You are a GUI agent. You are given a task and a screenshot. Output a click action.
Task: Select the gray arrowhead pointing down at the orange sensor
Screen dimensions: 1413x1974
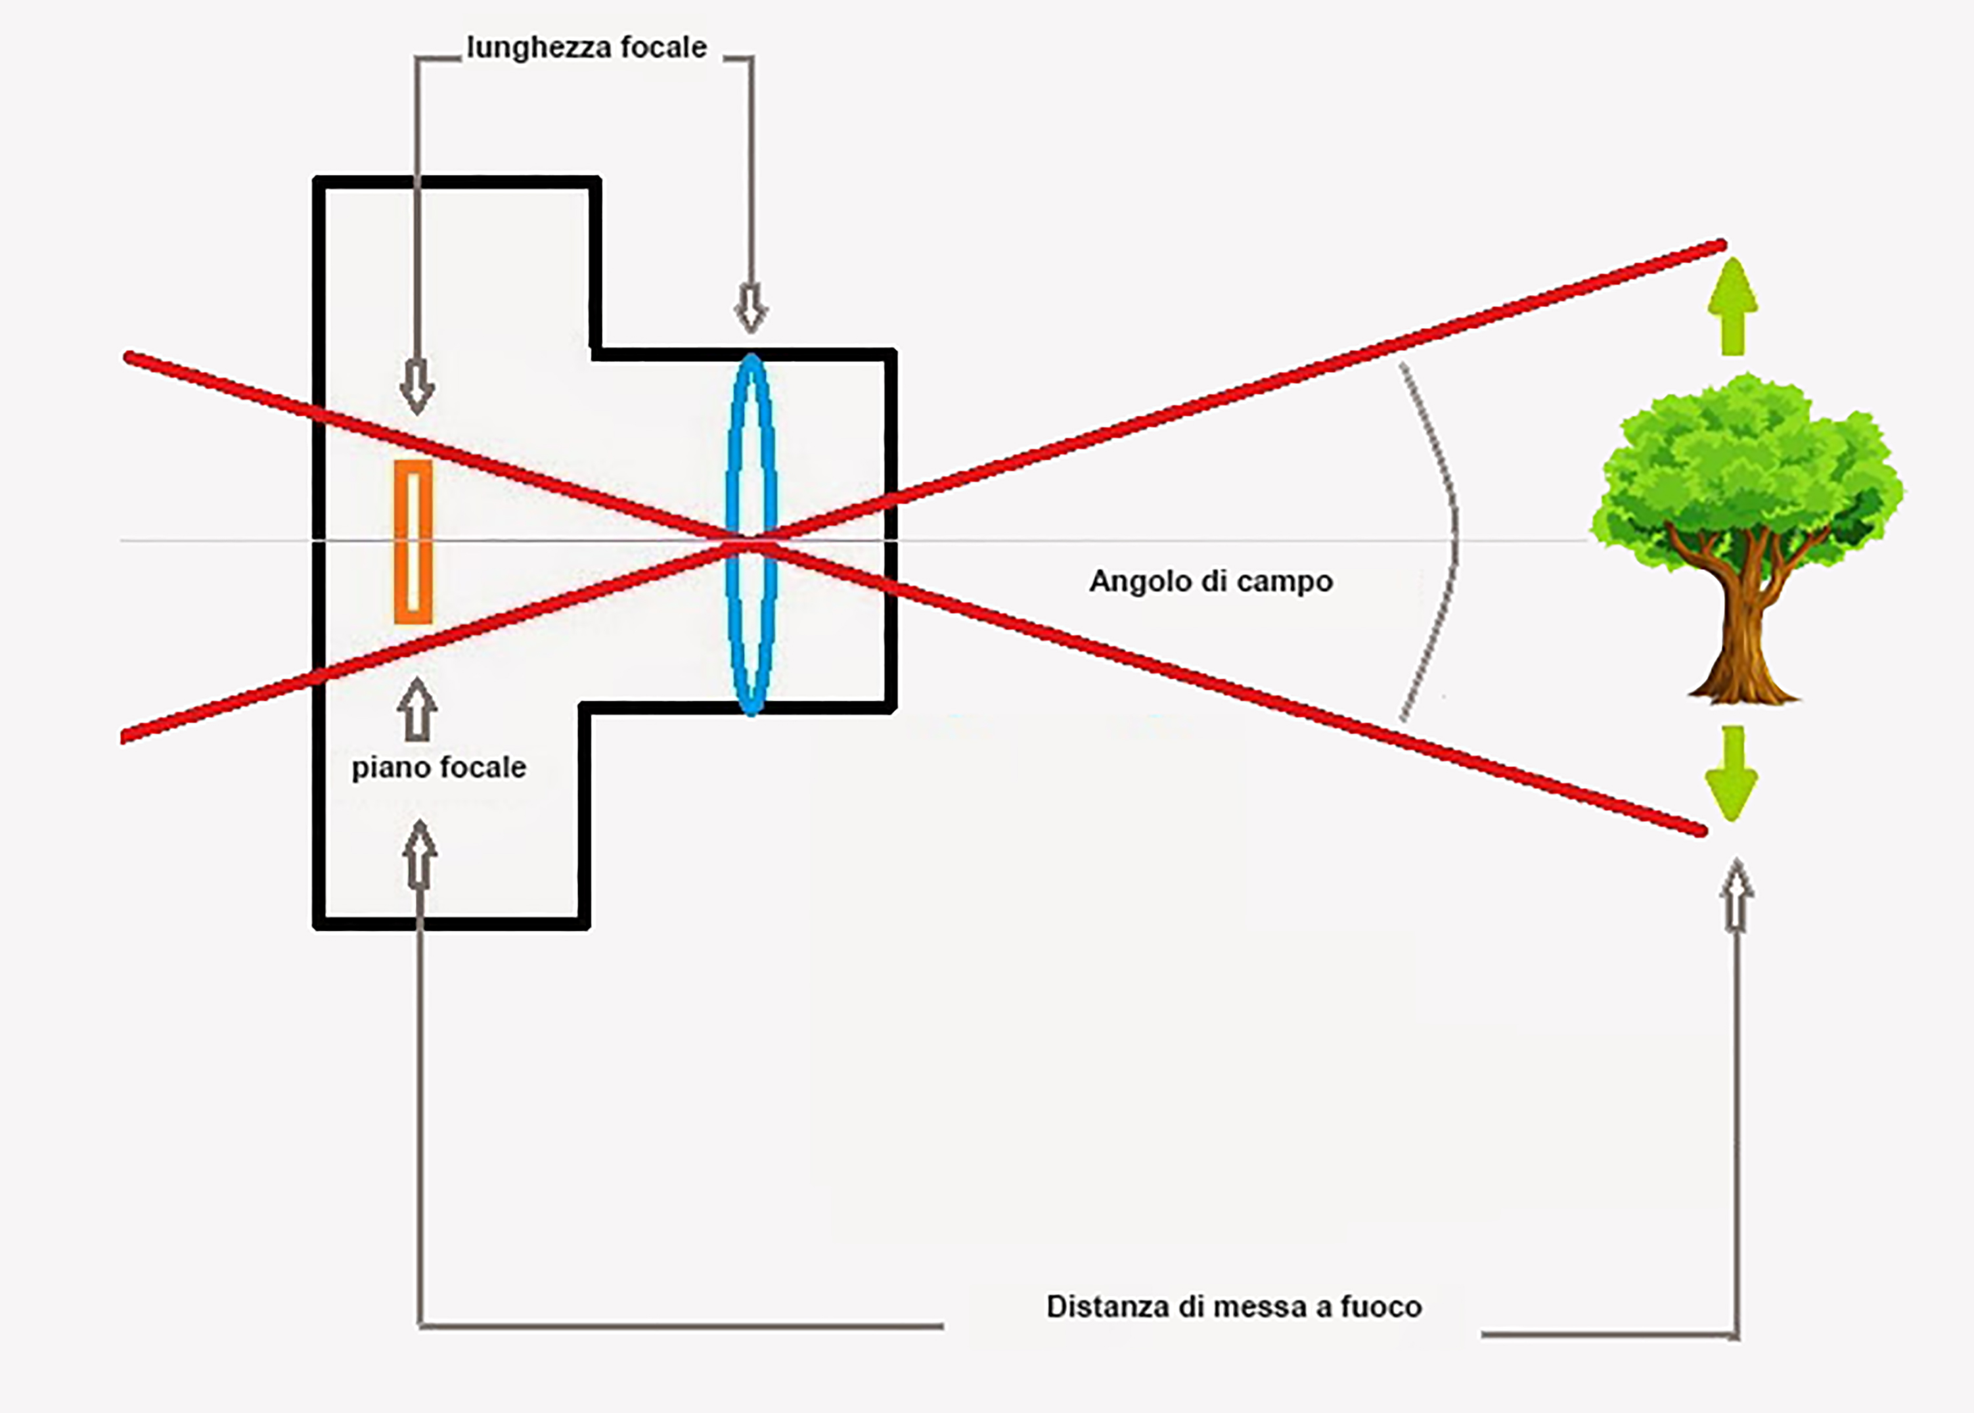click(416, 389)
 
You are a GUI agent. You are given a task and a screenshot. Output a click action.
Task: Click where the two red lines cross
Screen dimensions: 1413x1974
click(750, 543)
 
